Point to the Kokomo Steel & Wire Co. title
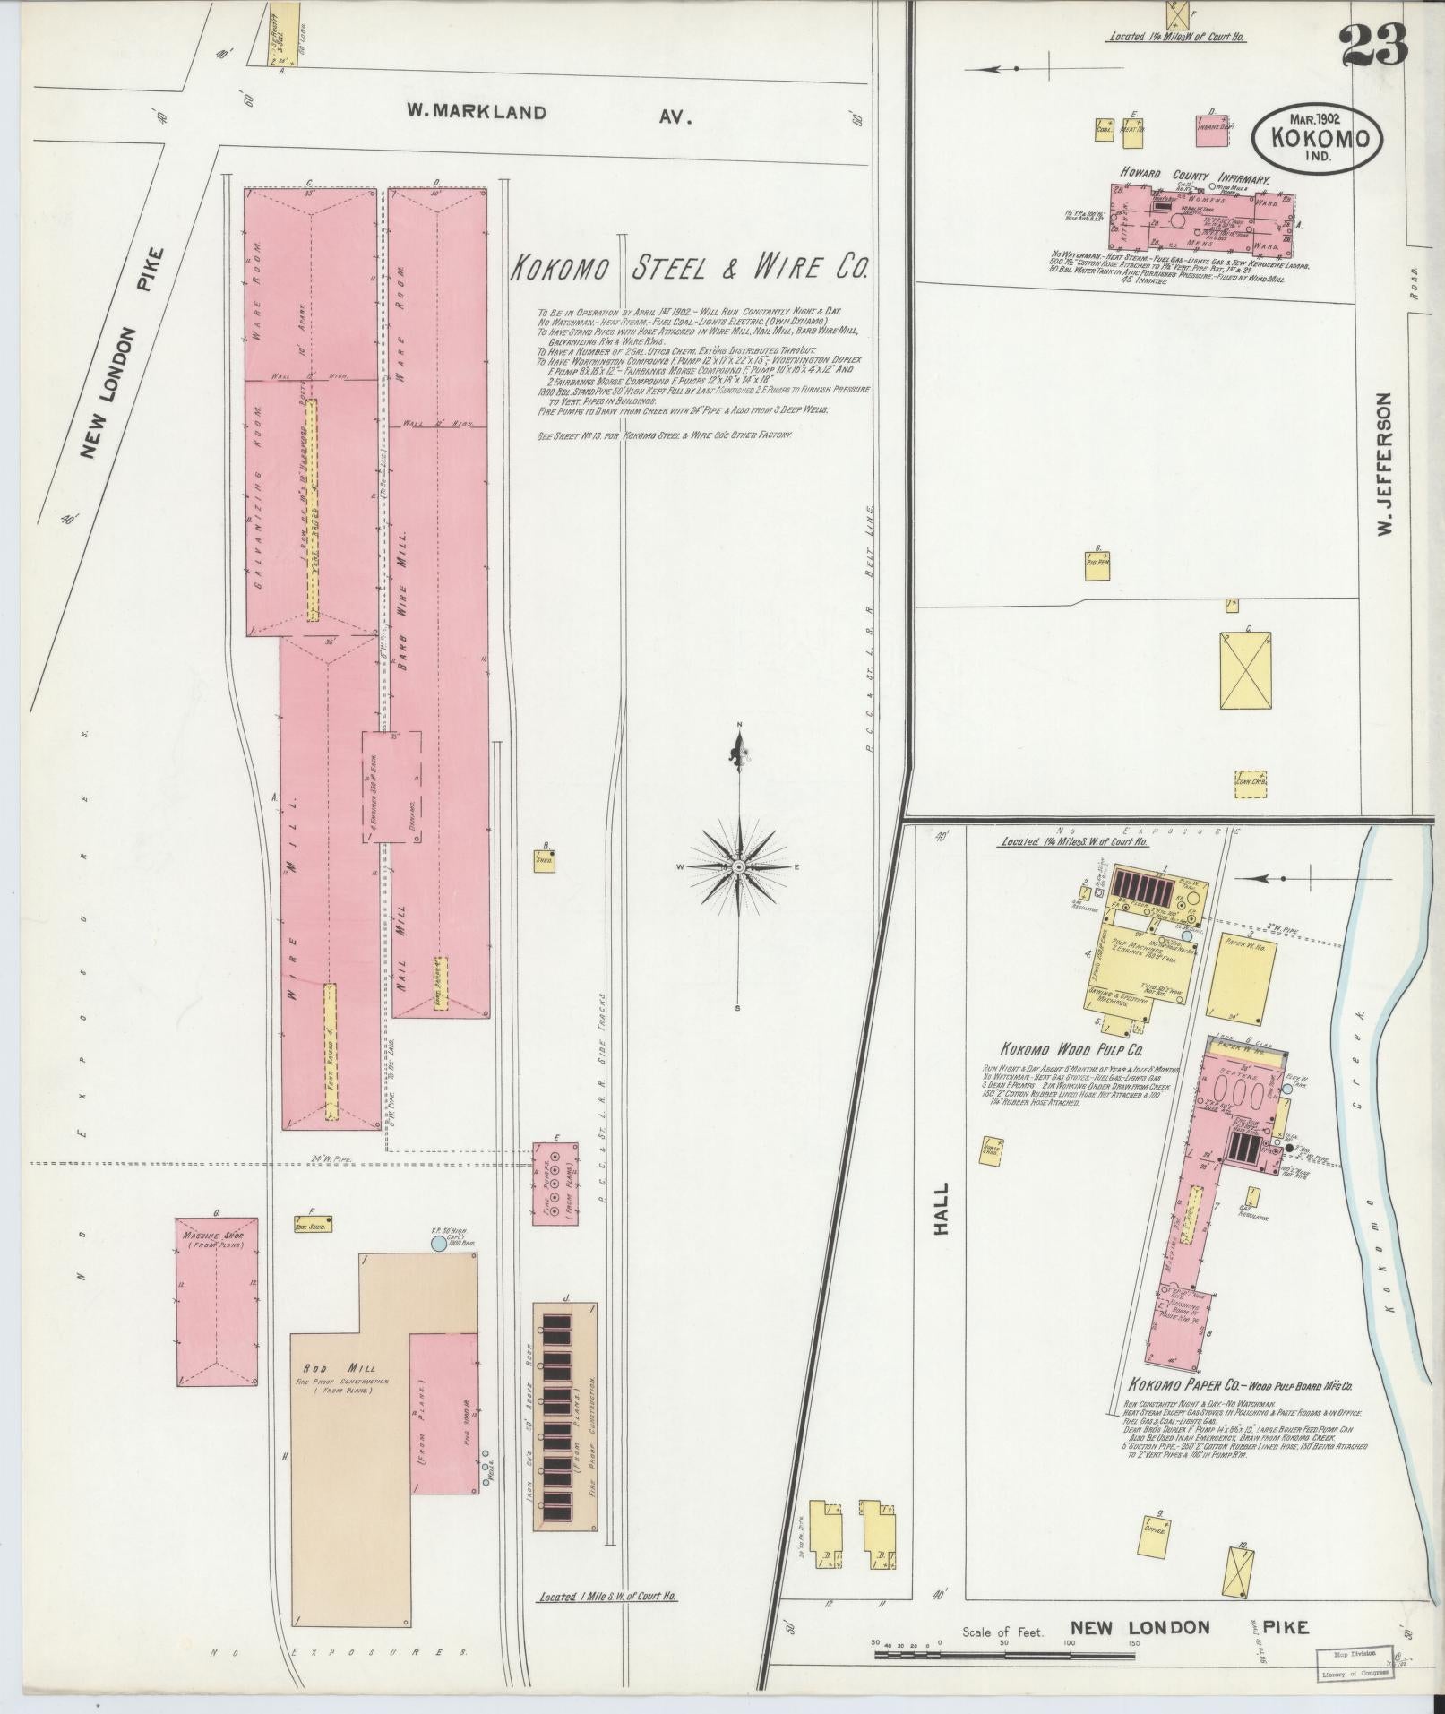[688, 269]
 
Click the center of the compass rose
[739, 867]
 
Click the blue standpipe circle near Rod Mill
[437, 1244]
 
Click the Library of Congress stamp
[1355, 1665]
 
